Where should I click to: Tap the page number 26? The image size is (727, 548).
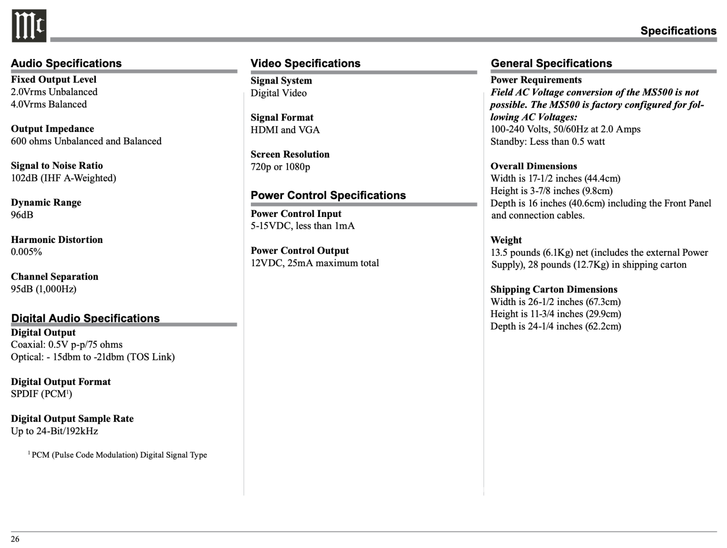(x=15, y=539)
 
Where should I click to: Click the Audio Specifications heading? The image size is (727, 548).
(x=66, y=63)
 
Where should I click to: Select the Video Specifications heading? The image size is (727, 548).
(x=305, y=63)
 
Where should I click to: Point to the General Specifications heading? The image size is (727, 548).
(x=551, y=63)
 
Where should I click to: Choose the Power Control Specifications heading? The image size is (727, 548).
(x=328, y=195)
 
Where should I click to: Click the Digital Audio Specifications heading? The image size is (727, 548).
(x=85, y=318)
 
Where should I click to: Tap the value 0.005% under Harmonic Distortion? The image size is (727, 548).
(x=27, y=252)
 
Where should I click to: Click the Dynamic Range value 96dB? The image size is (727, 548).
(x=22, y=215)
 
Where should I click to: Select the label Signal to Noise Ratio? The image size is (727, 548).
(x=57, y=166)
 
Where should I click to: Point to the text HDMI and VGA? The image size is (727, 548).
(x=285, y=130)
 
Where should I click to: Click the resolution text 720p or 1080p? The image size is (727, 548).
(x=280, y=167)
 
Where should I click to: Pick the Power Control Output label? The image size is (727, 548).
(x=299, y=251)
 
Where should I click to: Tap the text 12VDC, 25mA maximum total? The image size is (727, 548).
(x=315, y=263)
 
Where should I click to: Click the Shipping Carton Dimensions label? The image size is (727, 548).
(x=554, y=290)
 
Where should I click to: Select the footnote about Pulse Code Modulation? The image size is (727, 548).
(x=118, y=455)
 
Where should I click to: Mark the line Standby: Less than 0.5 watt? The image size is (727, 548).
(x=547, y=142)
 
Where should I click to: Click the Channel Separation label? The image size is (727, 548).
(x=54, y=277)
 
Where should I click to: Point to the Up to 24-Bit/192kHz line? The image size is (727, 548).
(x=54, y=431)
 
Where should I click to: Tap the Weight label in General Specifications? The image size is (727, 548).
(x=506, y=240)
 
